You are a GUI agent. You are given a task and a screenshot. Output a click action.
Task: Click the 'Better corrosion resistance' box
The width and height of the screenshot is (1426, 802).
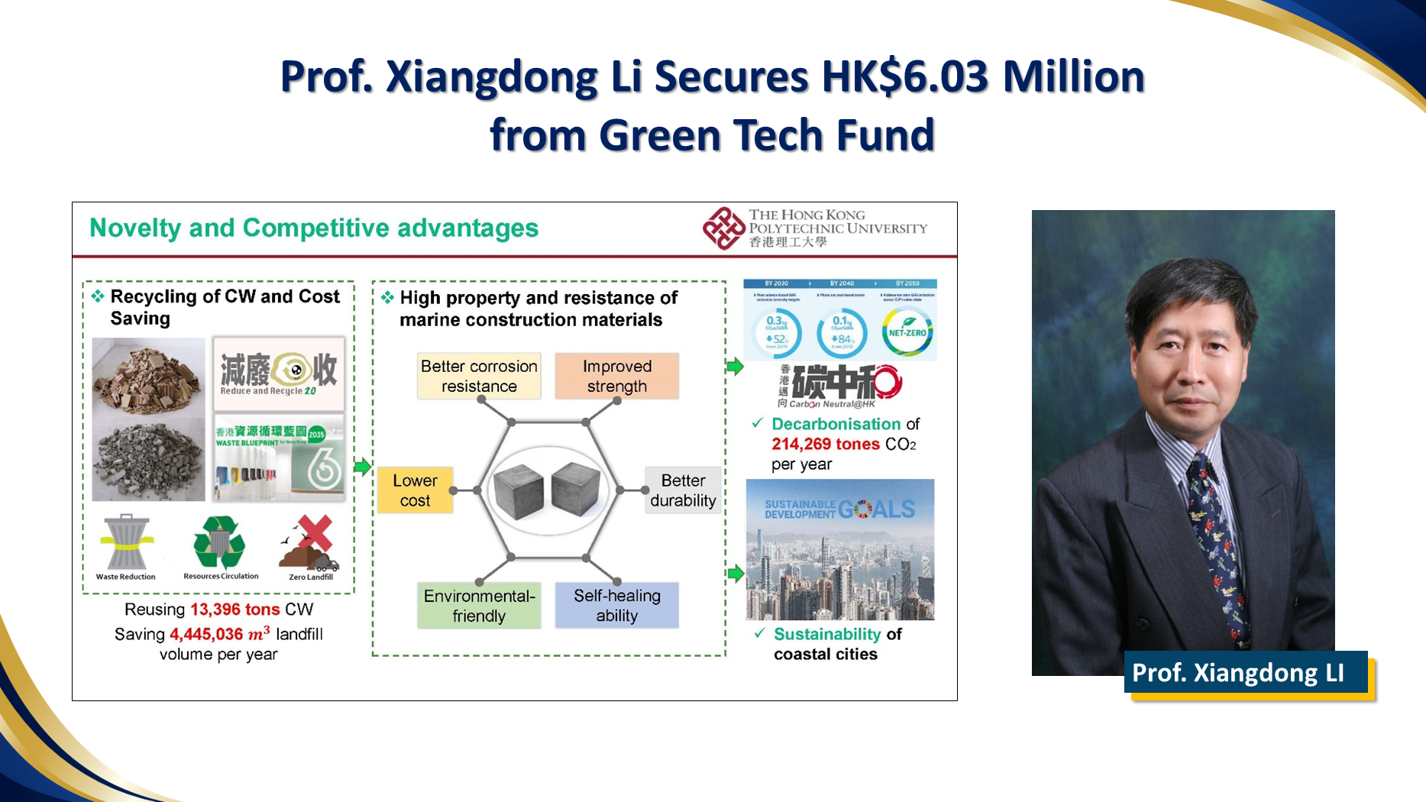[479, 376]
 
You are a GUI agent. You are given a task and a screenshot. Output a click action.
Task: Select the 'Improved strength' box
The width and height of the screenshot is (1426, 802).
[616, 376]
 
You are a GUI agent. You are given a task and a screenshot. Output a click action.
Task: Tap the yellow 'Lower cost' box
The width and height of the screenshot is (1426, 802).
[415, 490]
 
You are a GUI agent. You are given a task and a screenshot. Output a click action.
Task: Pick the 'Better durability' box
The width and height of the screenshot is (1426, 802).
[683, 490]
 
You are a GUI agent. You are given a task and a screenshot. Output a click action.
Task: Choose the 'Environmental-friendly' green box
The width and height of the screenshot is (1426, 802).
[479, 606]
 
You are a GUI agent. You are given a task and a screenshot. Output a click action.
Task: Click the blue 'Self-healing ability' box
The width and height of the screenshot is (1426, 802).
[616, 606]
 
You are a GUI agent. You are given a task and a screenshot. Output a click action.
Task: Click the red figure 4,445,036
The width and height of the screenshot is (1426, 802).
[206, 635]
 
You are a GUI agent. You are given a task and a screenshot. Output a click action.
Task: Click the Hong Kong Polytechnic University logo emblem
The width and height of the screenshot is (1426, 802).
[723, 228]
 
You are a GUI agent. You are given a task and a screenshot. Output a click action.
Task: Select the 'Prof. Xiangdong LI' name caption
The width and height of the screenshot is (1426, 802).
[1238, 673]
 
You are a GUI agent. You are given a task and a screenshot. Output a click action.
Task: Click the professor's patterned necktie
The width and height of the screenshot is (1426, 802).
[1214, 535]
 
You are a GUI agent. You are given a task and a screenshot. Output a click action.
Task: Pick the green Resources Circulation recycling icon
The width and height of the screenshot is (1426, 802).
[219, 542]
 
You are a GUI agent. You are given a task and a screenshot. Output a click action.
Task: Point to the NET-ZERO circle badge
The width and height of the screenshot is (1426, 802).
[907, 332]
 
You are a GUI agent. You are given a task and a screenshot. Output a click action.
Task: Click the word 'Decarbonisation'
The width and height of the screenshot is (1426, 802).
[836, 424]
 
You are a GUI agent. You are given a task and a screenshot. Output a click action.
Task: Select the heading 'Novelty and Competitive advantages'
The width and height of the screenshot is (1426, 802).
[314, 228]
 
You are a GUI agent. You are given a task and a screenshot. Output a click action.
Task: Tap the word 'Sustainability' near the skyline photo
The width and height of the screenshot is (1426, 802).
[827, 635]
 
